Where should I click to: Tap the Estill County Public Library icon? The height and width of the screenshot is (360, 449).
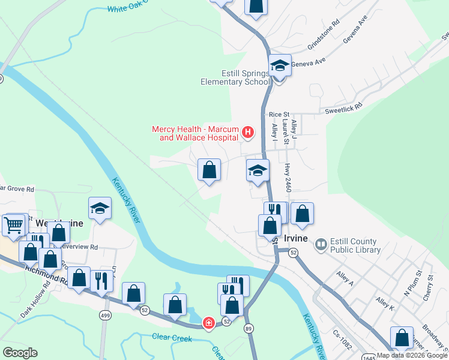pyautogui.click(x=321, y=244)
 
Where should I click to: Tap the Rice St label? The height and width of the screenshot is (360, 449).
pyautogui.click(x=279, y=114)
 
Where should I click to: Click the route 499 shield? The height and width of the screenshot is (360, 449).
pyautogui.click(x=105, y=315)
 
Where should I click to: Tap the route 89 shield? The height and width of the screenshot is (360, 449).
pyautogui.click(x=249, y=328)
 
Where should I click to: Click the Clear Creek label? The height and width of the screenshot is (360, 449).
pyautogui.click(x=172, y=338)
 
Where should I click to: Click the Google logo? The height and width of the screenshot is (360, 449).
pyautogui.click(x=20, y=353)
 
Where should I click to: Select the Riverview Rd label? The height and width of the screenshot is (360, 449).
pyautogui.click(x=79, y=247)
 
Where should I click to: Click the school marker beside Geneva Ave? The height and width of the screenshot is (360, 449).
pyautogui.click(x=280, y=66)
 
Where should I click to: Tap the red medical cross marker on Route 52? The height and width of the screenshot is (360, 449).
pyautogui.click(x=208, y=323)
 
